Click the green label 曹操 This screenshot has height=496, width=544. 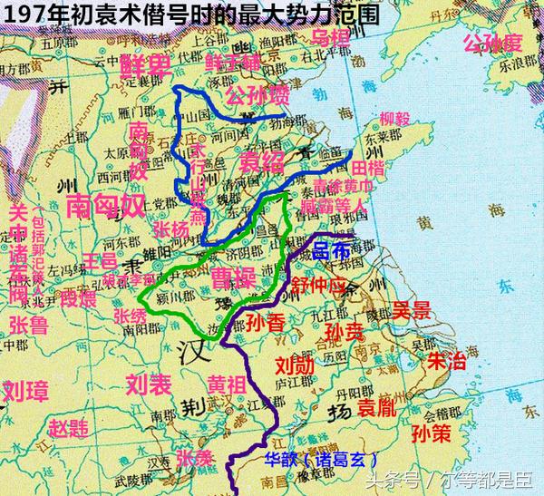point(232,273)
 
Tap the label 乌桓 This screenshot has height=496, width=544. point(331,37)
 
